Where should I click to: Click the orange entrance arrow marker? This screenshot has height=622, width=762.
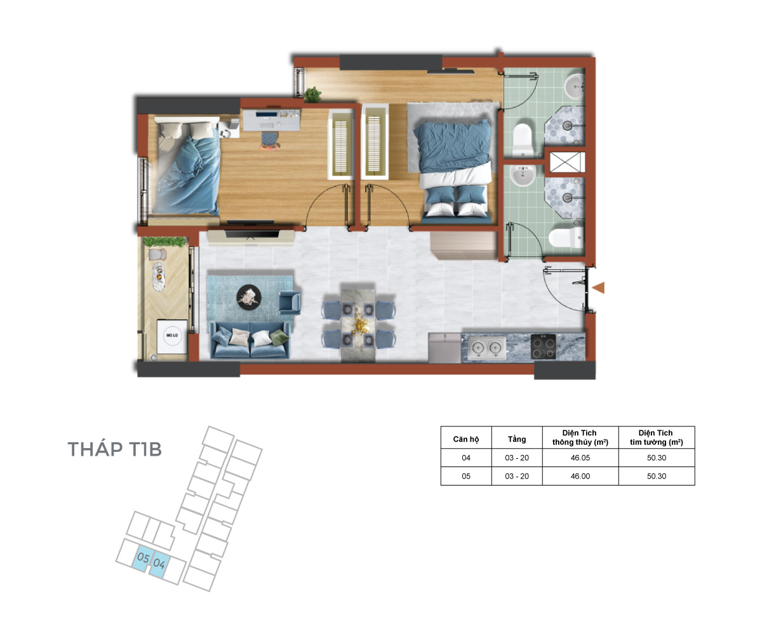click(x=598, y=288)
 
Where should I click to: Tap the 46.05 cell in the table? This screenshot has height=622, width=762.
click(x=580, y=458)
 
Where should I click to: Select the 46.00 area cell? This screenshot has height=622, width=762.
click(x=580, y=476)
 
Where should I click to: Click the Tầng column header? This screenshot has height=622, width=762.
click(x=517, y=439)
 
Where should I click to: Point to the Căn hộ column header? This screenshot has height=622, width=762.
click(x=465, y=439)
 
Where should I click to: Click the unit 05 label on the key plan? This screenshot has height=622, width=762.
click(x=143, y=558)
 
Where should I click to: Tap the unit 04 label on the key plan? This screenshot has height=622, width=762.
click(x=159, y=563)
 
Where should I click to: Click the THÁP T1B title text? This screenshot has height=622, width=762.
click(x=114, y=449)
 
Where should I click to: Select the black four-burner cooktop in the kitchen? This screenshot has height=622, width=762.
click(x=543, y=347)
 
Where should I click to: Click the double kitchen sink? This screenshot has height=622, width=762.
click(x=486, y=348)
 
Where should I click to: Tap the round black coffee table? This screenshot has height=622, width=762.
click(x=248, y=297)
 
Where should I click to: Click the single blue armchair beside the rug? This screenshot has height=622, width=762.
click(x=290, y=303)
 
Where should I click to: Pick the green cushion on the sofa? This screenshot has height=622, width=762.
click(x=279, y=338)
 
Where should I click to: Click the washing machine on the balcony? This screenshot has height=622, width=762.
click(x=172, y=336)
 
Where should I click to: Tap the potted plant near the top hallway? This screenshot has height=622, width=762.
click(x=312, y=95)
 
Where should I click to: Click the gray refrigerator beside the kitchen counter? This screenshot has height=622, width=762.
click(x=444, y=347)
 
